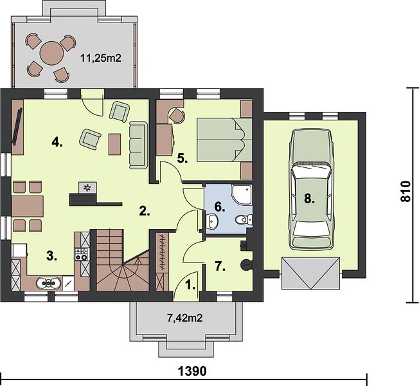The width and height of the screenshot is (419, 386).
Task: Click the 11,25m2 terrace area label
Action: click(101, 58)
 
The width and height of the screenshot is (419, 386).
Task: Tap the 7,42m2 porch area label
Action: click(184, 318)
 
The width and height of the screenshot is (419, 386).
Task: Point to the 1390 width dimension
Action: click(192, 371)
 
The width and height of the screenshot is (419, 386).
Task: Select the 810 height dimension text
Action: click(406, 191)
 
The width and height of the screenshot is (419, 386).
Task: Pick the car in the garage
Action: click(311, 190)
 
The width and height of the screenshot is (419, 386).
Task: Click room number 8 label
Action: click(309, 199)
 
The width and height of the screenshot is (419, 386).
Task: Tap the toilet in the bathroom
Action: click(243, 220)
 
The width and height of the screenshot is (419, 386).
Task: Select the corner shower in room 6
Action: click(241, 195)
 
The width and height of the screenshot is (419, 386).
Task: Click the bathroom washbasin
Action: click(213, 221)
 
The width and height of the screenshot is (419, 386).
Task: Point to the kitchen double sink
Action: click(48, 283)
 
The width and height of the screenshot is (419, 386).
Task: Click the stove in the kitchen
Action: click(81, 254)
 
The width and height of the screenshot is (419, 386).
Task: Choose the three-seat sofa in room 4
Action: click(138, 145)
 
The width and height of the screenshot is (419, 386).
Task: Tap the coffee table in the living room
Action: click(114, 144)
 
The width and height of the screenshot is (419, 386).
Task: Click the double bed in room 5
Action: click(225, 140)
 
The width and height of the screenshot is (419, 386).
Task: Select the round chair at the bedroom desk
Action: click(177, 115)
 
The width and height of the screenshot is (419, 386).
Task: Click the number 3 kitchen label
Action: click(52, 256)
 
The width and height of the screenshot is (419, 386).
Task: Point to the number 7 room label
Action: click(220, 266)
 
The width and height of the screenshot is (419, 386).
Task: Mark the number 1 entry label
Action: click(190, 286)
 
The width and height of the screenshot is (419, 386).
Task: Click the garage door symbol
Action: click(311, 273)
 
